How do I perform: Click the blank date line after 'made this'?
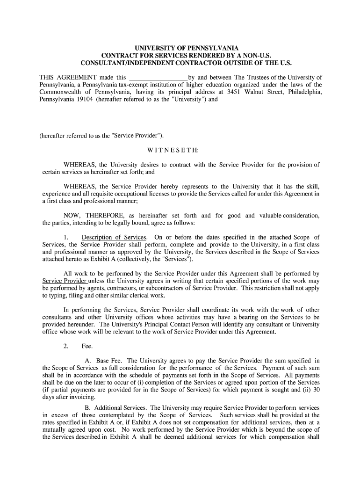point(158,77)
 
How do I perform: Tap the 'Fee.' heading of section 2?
point(87,346)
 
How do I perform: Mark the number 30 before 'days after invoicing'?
point(316,390)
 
